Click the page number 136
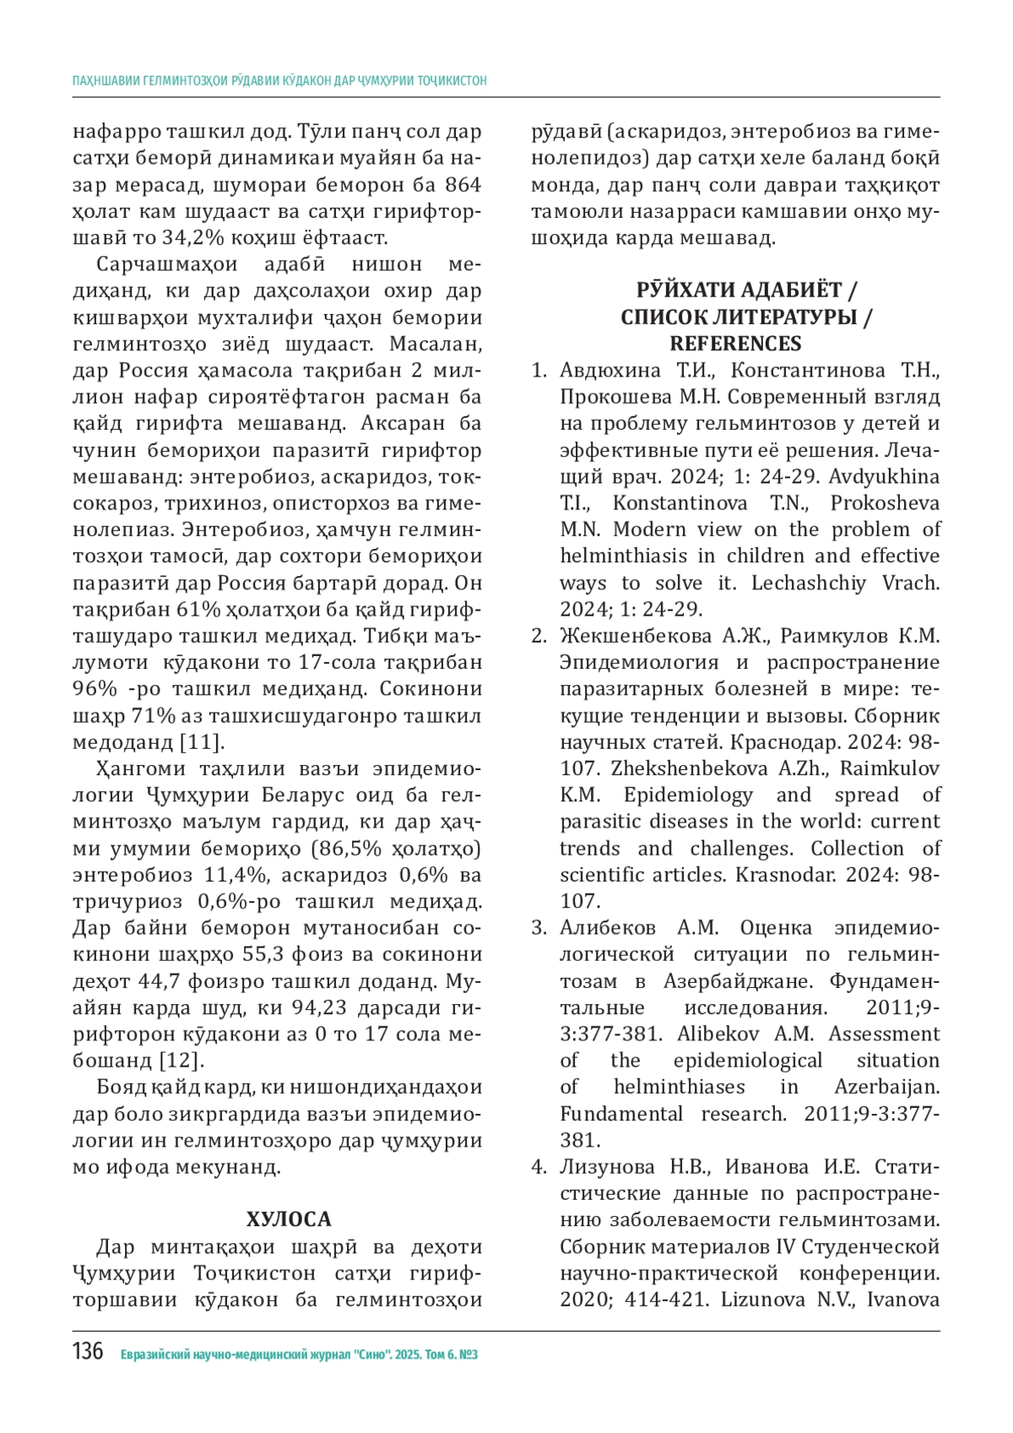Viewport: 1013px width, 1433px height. pos(88,1352)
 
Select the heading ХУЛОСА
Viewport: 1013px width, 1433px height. pos(289,1219)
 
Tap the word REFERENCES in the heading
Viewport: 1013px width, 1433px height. pos(735,344)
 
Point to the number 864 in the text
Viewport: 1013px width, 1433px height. pos(463,185)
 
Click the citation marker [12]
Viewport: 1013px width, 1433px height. pos(182,1061)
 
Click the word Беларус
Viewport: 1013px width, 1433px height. pos(308,795)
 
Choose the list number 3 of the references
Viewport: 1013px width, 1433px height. pos(539,928)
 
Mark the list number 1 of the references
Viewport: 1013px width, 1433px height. pos(539,371)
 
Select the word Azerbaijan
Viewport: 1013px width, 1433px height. pos(886,1088)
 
